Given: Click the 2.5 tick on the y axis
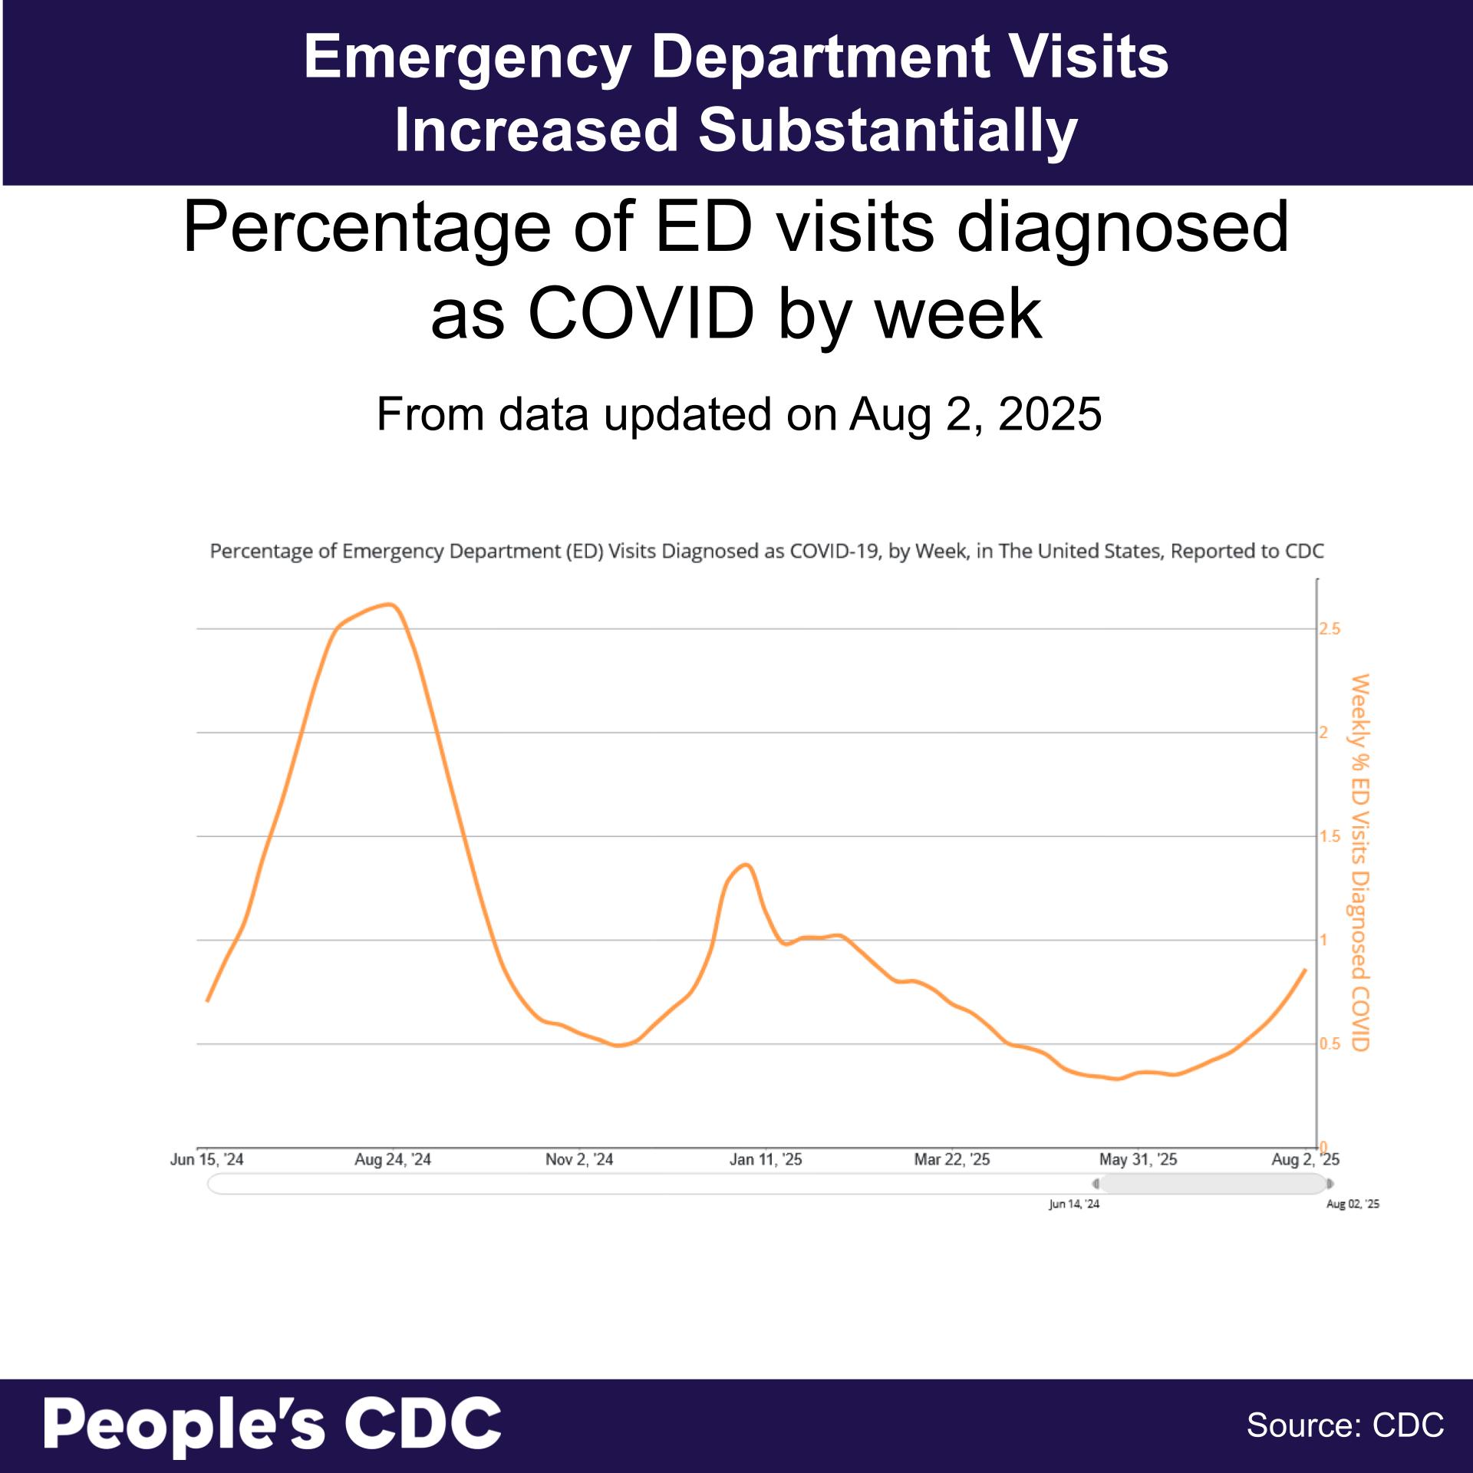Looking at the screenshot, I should pyautogui.click(x=1330, y=629).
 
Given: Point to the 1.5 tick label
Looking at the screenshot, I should pyautogui.click(x=1330, y=836).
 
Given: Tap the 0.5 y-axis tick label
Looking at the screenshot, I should pyautogui.click(x=1330, y=1044).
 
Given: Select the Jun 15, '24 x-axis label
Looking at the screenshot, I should pyautogui.click(x=206, y=1159).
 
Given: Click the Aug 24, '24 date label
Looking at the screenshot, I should pyautogui.click(x=392, y=1159).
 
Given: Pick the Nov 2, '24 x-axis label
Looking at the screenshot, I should pyautogui.click(x=579, y=1159).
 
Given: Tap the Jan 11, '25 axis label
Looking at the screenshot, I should pyautogui.click(x=765, y=1159).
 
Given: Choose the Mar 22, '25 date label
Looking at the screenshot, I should pyautogui.click(x=951, y=1159).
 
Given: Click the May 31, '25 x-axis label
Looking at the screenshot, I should pyautogui.click(x=1138, y=1159).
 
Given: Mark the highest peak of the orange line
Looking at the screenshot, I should pyautogui.click(x=391, y=605).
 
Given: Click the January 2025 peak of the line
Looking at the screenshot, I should pyautogui.click(x=746, y=865).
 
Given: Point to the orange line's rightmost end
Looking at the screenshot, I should pyautogui.click(x=1305, y=970).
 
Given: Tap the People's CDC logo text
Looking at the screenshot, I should pyautogui.click(x=272, y=1424).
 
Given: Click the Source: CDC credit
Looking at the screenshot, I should pyautogui.click(x=1345, y=1425).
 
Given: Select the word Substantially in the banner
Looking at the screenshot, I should pyautogui.click(x=888, y=130).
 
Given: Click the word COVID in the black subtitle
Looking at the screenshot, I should pyautogui.click(x=641, y=314).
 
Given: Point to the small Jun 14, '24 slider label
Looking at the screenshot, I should pyautogui.click(x=1073, y=1204).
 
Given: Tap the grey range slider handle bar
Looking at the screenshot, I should pyautogui.click(x=1212, y=1184).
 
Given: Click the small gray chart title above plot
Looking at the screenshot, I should pyautogui.click(x=766, y=551).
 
